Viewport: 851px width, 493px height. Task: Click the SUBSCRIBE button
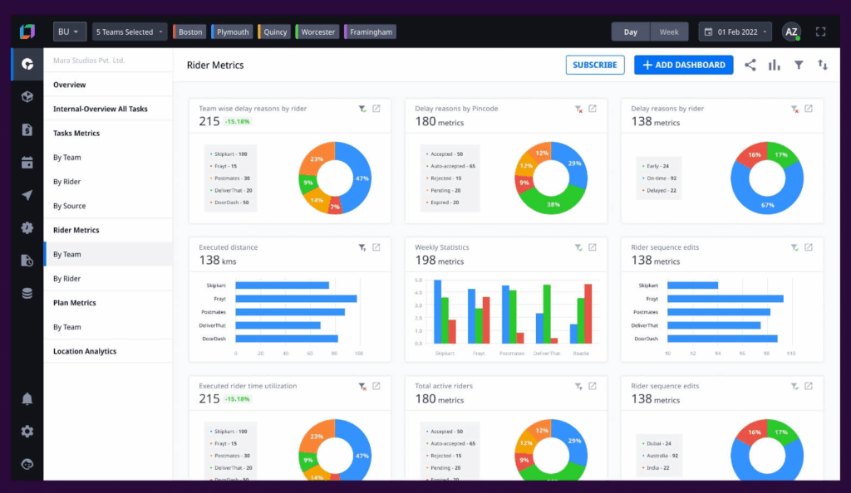[x=595, y=65]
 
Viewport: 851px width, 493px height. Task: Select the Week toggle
[x=669, y=32]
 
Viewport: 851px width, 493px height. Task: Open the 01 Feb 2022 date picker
[x=735, y=32]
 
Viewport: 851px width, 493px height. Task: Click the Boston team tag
[x=189, y=32]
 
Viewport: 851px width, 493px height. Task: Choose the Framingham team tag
[x=369, y=32]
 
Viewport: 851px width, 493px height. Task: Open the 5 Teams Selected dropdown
[x=130, y=32]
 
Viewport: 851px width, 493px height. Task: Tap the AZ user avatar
[x=791, y=32]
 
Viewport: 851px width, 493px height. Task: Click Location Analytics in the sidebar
[x=85, y=351]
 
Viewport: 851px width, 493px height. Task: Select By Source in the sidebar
[x=70, y=206]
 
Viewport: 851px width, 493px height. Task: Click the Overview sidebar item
[x=70, y=85]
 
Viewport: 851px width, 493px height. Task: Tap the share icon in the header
[x=750, y=65]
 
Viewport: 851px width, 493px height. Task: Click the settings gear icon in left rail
[x=27, y=432]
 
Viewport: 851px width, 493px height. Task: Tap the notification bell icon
[x=27, y=399]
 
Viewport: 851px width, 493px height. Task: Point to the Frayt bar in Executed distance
[x=296, y=299]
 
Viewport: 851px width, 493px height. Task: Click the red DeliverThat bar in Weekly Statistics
[x=553, y=339]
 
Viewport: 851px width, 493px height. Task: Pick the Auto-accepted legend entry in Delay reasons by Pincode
[x=453, y=166]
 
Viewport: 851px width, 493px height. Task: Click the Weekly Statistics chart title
[x=442, y=247]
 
